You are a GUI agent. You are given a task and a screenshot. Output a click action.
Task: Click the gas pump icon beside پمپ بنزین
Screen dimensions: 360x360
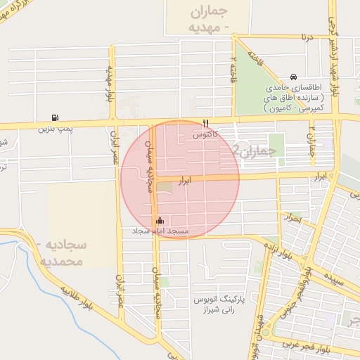55,118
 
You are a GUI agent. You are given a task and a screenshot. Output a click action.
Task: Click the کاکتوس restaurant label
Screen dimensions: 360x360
206,133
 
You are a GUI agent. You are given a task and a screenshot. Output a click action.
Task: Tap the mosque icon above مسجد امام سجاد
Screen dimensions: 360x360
160,220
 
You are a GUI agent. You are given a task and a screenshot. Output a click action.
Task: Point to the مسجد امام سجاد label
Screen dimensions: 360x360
160,231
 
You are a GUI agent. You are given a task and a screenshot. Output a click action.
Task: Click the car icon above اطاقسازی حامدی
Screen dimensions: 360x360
293,77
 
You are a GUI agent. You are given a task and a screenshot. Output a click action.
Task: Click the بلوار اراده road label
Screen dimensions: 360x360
278,251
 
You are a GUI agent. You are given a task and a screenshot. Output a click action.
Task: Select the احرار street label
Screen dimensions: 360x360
291,219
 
